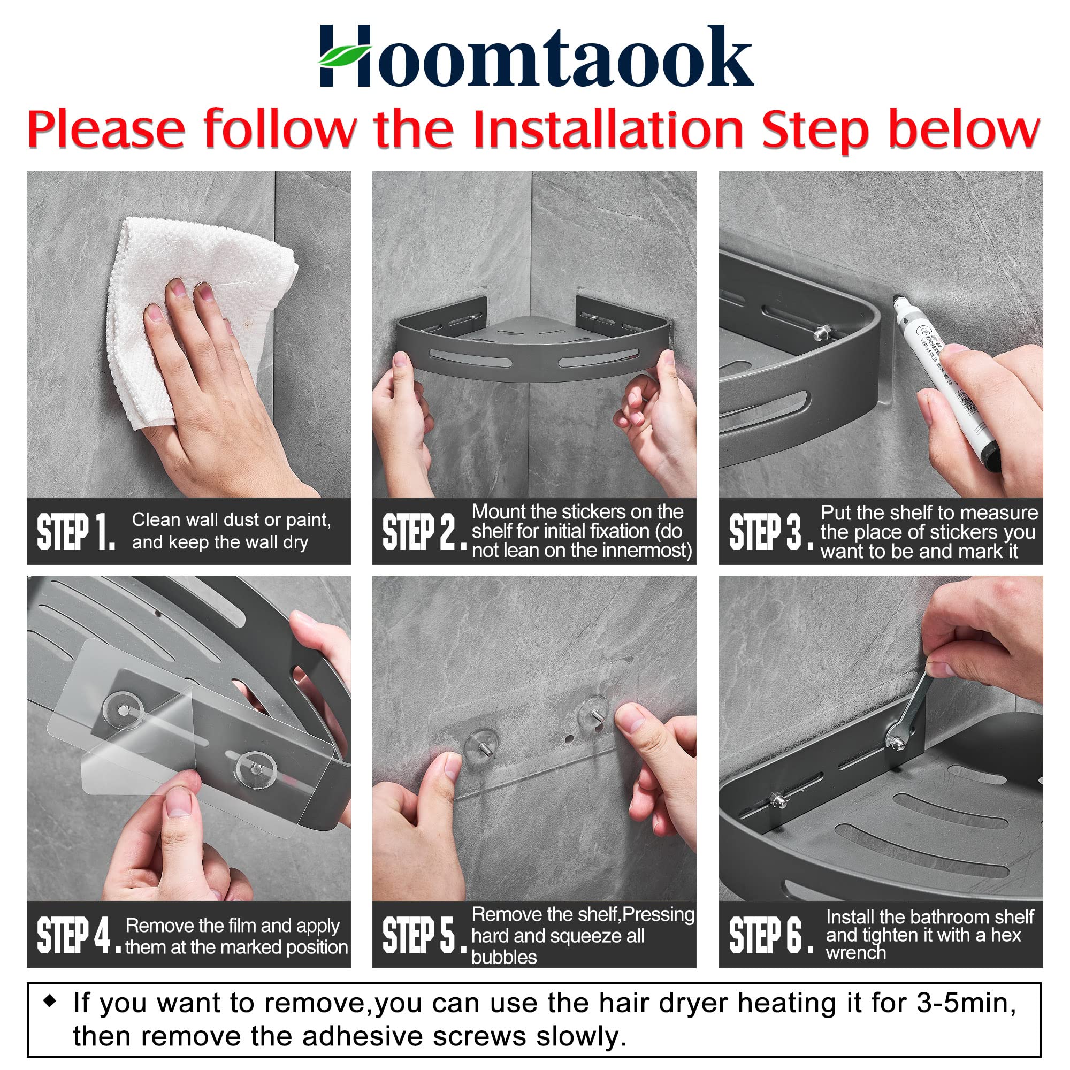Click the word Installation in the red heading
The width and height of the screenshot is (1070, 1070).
608,129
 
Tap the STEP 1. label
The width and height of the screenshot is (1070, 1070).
76,532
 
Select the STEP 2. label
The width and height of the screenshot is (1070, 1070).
424,532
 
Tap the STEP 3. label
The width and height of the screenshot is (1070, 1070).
770,532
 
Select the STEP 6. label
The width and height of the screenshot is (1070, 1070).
770,935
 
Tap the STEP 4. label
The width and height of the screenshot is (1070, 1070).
78,935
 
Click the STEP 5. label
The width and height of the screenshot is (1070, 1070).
424,935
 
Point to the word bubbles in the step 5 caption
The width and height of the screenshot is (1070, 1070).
504,957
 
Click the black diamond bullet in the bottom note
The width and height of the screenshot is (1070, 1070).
50,1001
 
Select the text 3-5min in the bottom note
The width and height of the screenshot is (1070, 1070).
966,1003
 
